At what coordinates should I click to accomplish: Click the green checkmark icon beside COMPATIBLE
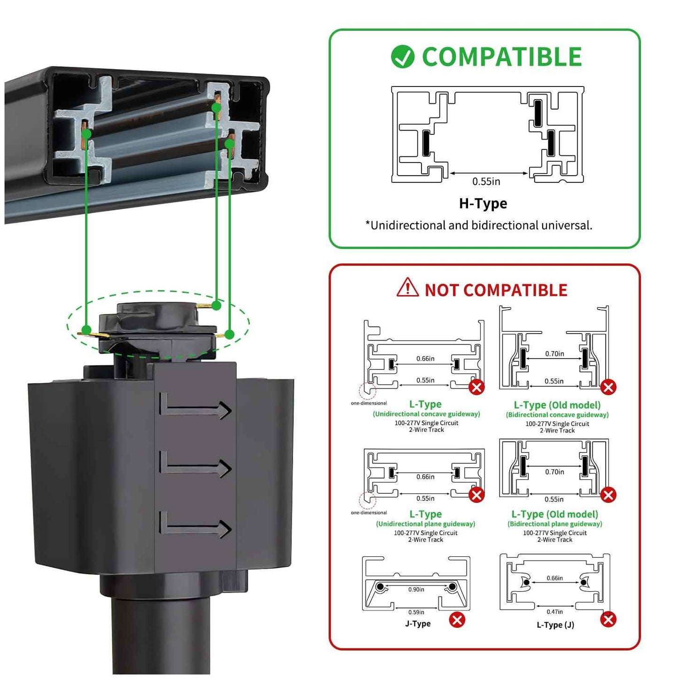click(402, 57)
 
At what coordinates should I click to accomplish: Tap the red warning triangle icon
click(407, 288)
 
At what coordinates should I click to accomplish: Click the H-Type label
click(483, 203)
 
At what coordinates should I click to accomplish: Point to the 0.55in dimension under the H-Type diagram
click(486, 181)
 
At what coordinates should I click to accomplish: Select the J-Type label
click(418, 624)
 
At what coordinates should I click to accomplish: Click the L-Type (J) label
click(555, 624)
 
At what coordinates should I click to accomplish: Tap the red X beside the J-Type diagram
click(457, 620)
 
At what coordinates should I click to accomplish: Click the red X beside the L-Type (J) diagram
click(608, 619)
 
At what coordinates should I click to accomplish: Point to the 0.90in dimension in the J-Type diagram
click(416, 589)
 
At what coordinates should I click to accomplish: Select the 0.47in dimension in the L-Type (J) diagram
click(554, 612)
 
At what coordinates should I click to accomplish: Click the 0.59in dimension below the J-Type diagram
click(416, 612)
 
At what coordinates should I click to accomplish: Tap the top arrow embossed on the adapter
click(196, 407)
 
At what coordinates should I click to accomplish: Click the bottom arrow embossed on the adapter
click(196, 526)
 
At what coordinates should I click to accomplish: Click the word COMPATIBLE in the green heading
click(502, 57)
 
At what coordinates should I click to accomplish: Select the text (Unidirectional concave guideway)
click(426, 414)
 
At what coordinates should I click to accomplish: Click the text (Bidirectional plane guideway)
click(554, 524)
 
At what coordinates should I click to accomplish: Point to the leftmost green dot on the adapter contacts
click(86, 329)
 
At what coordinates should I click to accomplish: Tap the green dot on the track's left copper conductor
click(86, 133)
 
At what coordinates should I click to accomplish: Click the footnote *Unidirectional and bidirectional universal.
click(479, 226)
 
